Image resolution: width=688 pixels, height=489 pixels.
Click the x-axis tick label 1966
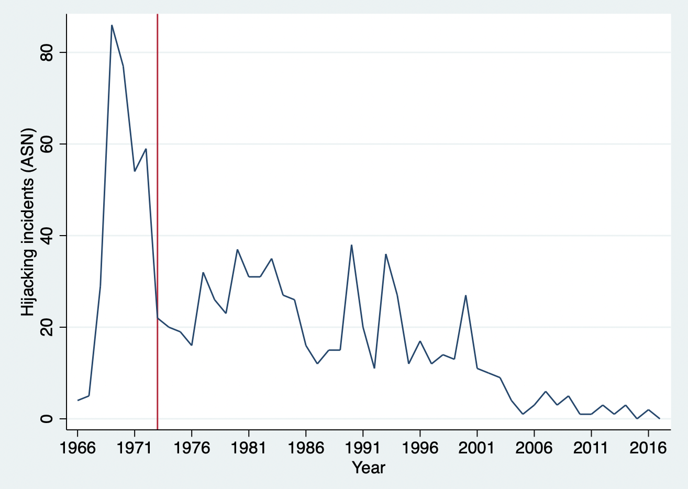tap(77, 448)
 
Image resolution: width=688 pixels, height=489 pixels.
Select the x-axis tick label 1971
tap(135, 448)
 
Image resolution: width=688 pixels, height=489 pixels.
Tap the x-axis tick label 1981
tap(249, 448)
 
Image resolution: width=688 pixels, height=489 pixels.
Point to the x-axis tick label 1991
tap(363, 448)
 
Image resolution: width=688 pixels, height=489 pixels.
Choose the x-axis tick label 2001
tap(477, 448)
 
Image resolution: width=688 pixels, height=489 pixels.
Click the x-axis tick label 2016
tap(648, 448)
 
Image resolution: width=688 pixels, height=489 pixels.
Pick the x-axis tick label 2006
tap(534, 448)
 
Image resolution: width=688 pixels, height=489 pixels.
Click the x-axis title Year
tap(369, 468)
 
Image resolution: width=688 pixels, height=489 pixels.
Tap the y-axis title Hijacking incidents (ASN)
tap(28, 222)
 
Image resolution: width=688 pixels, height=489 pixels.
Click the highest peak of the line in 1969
tap(112, 25)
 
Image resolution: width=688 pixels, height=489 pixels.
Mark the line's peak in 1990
tap(351, 245)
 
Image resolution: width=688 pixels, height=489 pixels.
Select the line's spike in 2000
tap(465, 296)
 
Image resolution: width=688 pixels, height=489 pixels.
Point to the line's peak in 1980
tap(237, 250)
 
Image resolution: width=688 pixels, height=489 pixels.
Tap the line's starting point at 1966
tap(77, 401)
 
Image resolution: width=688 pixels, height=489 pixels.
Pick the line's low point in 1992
tap(374, 368)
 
